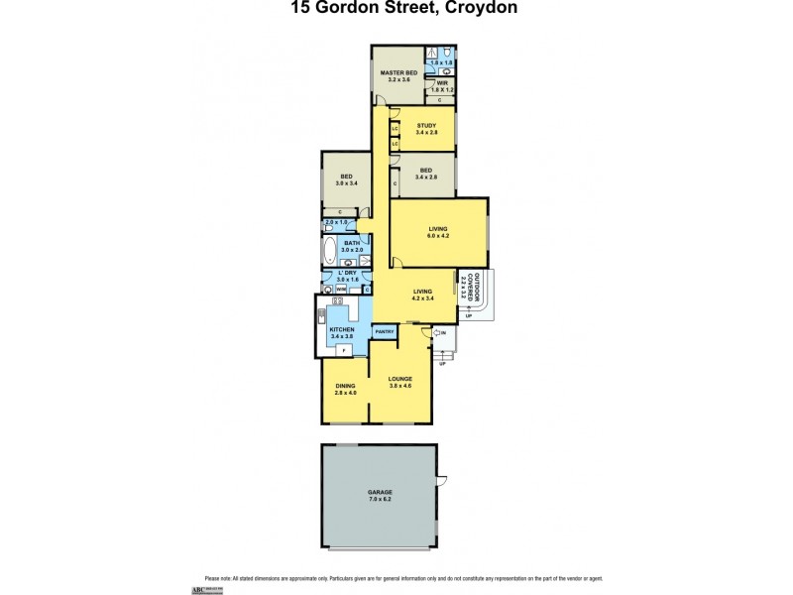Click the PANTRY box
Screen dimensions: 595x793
click(x=386, y=331)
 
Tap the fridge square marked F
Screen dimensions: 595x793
click(x=343, y=350)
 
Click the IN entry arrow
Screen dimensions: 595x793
click(x=439, y=333)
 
